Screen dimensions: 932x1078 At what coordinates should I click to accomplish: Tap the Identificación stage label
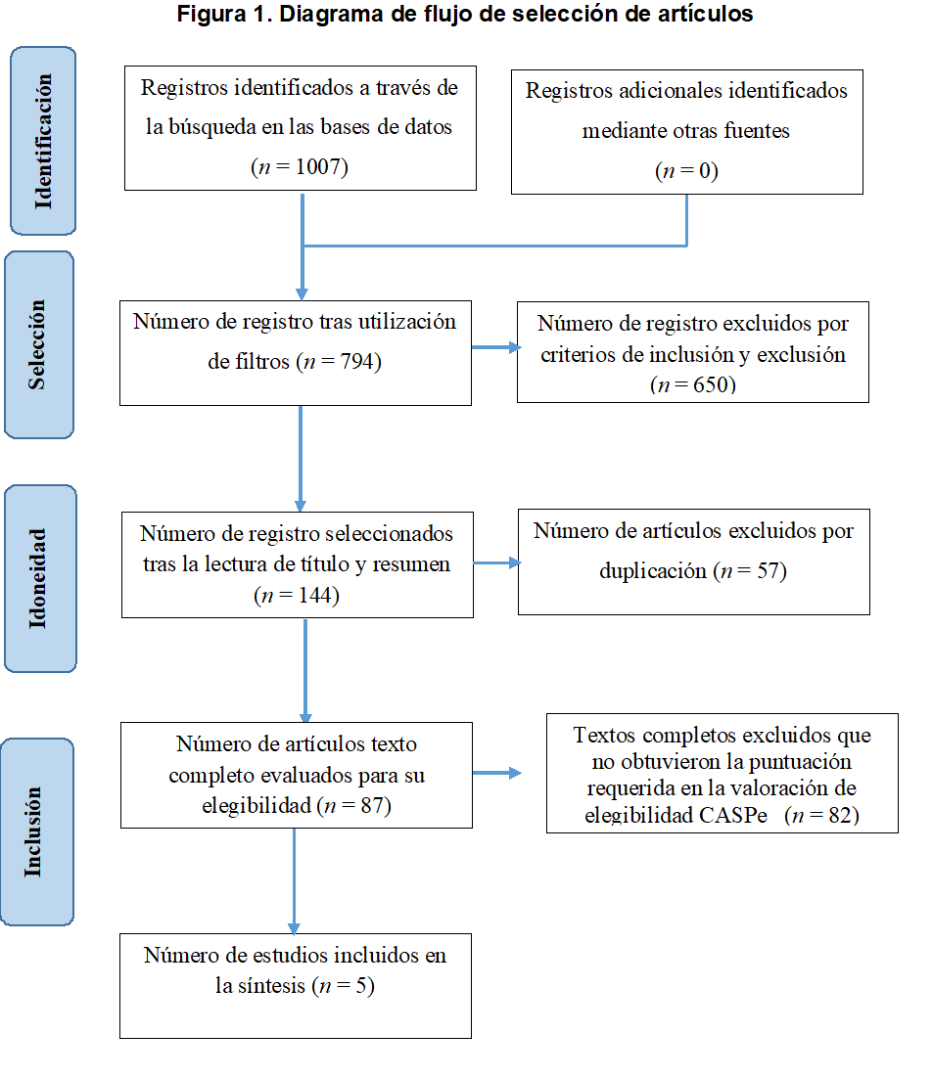click(43, 141)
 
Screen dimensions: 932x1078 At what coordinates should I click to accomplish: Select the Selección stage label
click(38, 344)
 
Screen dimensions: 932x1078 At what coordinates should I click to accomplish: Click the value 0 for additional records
click(705, 170)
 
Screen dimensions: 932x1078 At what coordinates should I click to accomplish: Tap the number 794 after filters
click(356, 361)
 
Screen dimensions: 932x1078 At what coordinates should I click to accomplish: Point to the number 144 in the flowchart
click(315, 595)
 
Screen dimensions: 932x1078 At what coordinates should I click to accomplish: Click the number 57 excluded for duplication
click(768, 570)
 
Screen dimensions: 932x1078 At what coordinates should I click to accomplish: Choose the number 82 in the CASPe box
click(841, 815)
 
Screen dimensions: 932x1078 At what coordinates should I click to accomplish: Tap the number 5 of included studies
click(362, 985)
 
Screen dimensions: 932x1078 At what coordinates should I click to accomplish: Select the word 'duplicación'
click(653, 570)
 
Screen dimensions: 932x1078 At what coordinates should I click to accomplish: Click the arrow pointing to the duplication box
click(497, 563)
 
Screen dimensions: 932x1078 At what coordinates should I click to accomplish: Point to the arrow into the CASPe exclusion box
click(497, 774)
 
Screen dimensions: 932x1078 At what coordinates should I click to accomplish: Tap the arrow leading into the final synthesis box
click(295, 880)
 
